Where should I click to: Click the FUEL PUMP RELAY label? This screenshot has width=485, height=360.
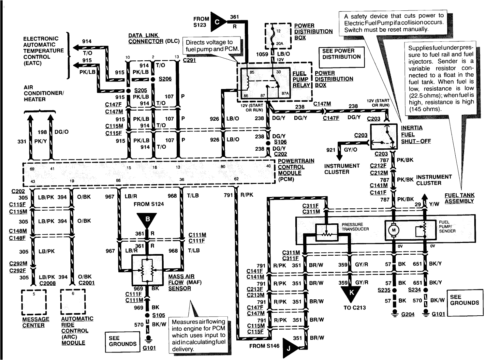301,79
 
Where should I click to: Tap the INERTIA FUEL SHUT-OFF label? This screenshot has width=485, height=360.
415,134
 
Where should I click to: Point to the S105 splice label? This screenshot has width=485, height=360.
159,315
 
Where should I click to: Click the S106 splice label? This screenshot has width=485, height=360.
280,142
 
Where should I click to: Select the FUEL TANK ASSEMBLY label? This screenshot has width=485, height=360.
459,198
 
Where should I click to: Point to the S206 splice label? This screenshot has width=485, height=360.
165,79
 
